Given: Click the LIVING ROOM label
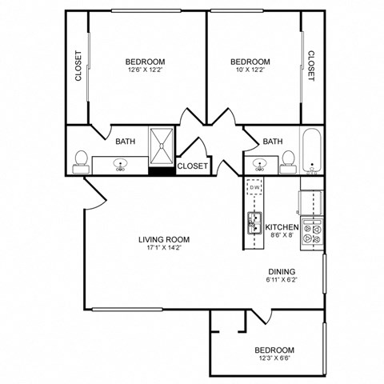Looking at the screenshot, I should [163, 238].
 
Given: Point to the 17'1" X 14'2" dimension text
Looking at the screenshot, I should [163, 248].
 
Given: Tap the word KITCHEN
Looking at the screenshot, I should [282, 226].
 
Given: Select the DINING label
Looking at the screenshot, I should [282, 270].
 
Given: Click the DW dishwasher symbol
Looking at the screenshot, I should [256, 189].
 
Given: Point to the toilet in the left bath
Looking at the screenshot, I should [80, 161].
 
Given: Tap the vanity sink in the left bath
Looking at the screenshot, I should [121, 165].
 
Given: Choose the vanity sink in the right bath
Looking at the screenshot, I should [260, 165].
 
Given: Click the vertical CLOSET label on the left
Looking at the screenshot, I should [78, 67].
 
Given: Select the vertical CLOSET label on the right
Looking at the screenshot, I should [310, 67].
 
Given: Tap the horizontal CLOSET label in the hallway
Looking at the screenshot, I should [192, 166].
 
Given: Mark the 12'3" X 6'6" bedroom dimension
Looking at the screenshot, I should [274, 360].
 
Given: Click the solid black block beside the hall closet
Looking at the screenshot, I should [162, 170].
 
